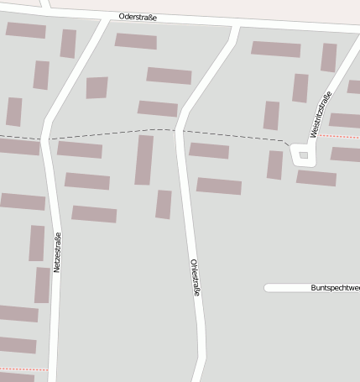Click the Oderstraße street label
[x=138, y=17]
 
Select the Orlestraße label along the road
[x=195, y=277]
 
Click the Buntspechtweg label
[x=334, y=288]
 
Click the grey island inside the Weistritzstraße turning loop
[x=303, y=154]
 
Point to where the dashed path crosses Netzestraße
[x=47, y=139]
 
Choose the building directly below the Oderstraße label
[x=135, y=40]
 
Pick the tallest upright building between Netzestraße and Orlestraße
[x=144, y=160]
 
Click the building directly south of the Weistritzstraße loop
[x=316, y=178]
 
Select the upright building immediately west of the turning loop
[x=274, y=165]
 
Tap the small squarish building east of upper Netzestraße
[x=97, y=87]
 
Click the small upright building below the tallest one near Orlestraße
[x=164, y=204]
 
